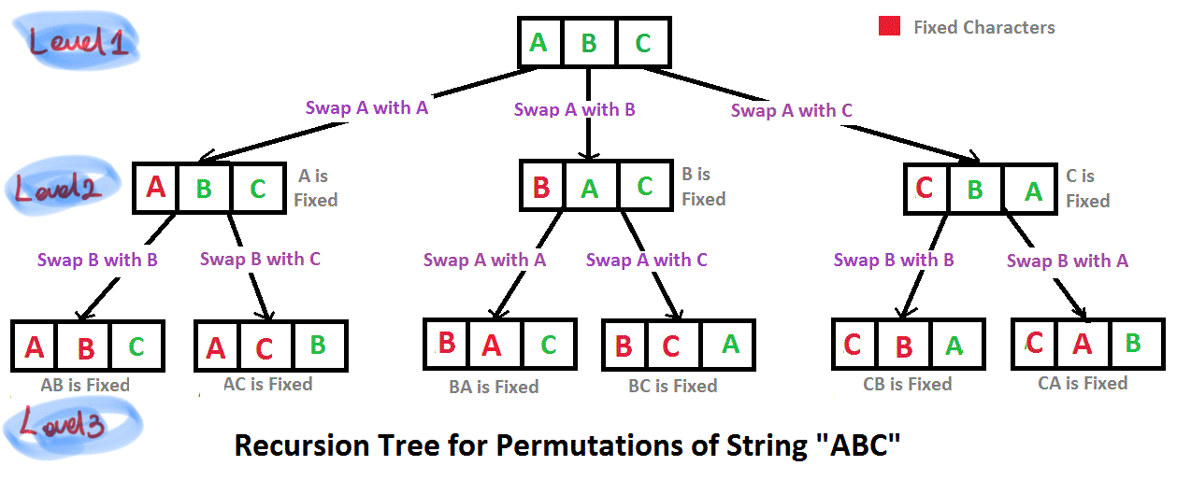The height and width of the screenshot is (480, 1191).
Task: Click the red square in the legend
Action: pyautogui.click(x=889, y=26)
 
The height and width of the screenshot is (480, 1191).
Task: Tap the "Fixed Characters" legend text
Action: pyautogui.click(x=983, y=27)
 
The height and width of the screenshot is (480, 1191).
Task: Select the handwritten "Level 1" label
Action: pyautogui.click(x=80, y=41)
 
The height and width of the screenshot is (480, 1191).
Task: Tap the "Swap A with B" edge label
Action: pyautogui.click(x=574, y=109)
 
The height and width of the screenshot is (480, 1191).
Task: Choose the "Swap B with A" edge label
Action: pyautogui.click(x=1067, y=261)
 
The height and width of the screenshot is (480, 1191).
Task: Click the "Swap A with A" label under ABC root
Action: pyautogui.click(x=366, y=107)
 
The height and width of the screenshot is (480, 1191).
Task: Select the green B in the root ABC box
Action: pyautogui.click(x=589, y=43)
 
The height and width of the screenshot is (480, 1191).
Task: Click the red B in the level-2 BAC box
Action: pyautogui.click(x=540, y=188)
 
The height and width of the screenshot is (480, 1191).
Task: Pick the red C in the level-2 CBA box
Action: pyautogui.click(x=925, y=189)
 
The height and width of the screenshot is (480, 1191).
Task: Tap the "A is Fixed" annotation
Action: pyautogui.click(x=316, y=187)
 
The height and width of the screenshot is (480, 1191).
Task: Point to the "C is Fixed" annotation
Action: pyautogui.click(x=1086, y=188)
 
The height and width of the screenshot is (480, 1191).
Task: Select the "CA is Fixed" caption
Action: pyautogui.click(x=1083, y=383)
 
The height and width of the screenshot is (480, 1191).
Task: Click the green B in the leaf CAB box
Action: pyautogui.click(x=1133, y=343)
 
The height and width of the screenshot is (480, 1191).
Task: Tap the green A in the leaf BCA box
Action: pyautogui.click(x=731, y=344)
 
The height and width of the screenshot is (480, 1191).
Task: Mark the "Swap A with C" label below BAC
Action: pyautogui.click(x=646, y=260)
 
